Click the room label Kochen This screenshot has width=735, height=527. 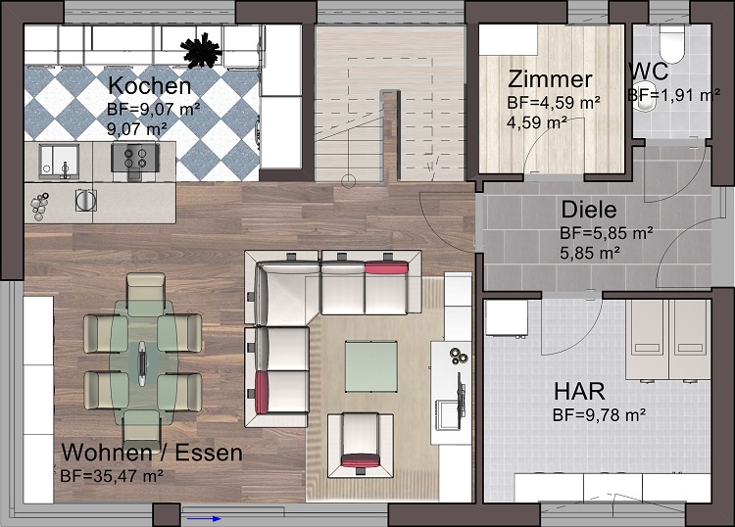point(143,84)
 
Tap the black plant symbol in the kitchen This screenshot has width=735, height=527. point(204,46)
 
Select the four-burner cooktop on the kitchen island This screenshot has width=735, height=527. point(132,157)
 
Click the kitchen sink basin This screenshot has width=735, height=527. point(56,158)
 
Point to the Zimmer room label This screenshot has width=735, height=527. point(550,80)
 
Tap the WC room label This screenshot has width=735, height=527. point(650,72)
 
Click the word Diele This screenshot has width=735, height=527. point(588,210)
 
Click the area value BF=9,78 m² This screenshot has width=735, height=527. point(599,415)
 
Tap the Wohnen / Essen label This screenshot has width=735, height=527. point(151,454)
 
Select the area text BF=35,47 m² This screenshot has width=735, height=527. point(112,476)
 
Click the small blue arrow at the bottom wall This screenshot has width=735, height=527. point(204,518)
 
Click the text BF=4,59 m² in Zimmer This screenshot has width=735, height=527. point(554,102)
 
